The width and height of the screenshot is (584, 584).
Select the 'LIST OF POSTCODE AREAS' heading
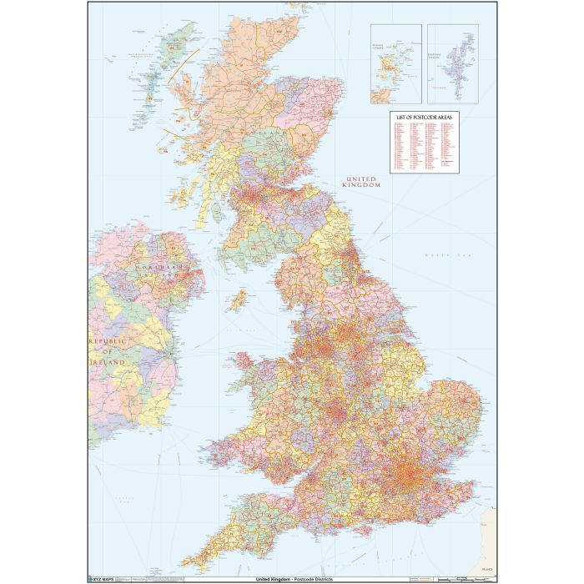[424, 118]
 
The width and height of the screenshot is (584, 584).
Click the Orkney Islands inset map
[396, 63]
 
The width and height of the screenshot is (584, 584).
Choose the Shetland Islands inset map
[453, 63]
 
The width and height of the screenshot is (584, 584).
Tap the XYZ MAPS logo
[103, 576]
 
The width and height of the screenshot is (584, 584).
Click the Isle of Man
[239, 298]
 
